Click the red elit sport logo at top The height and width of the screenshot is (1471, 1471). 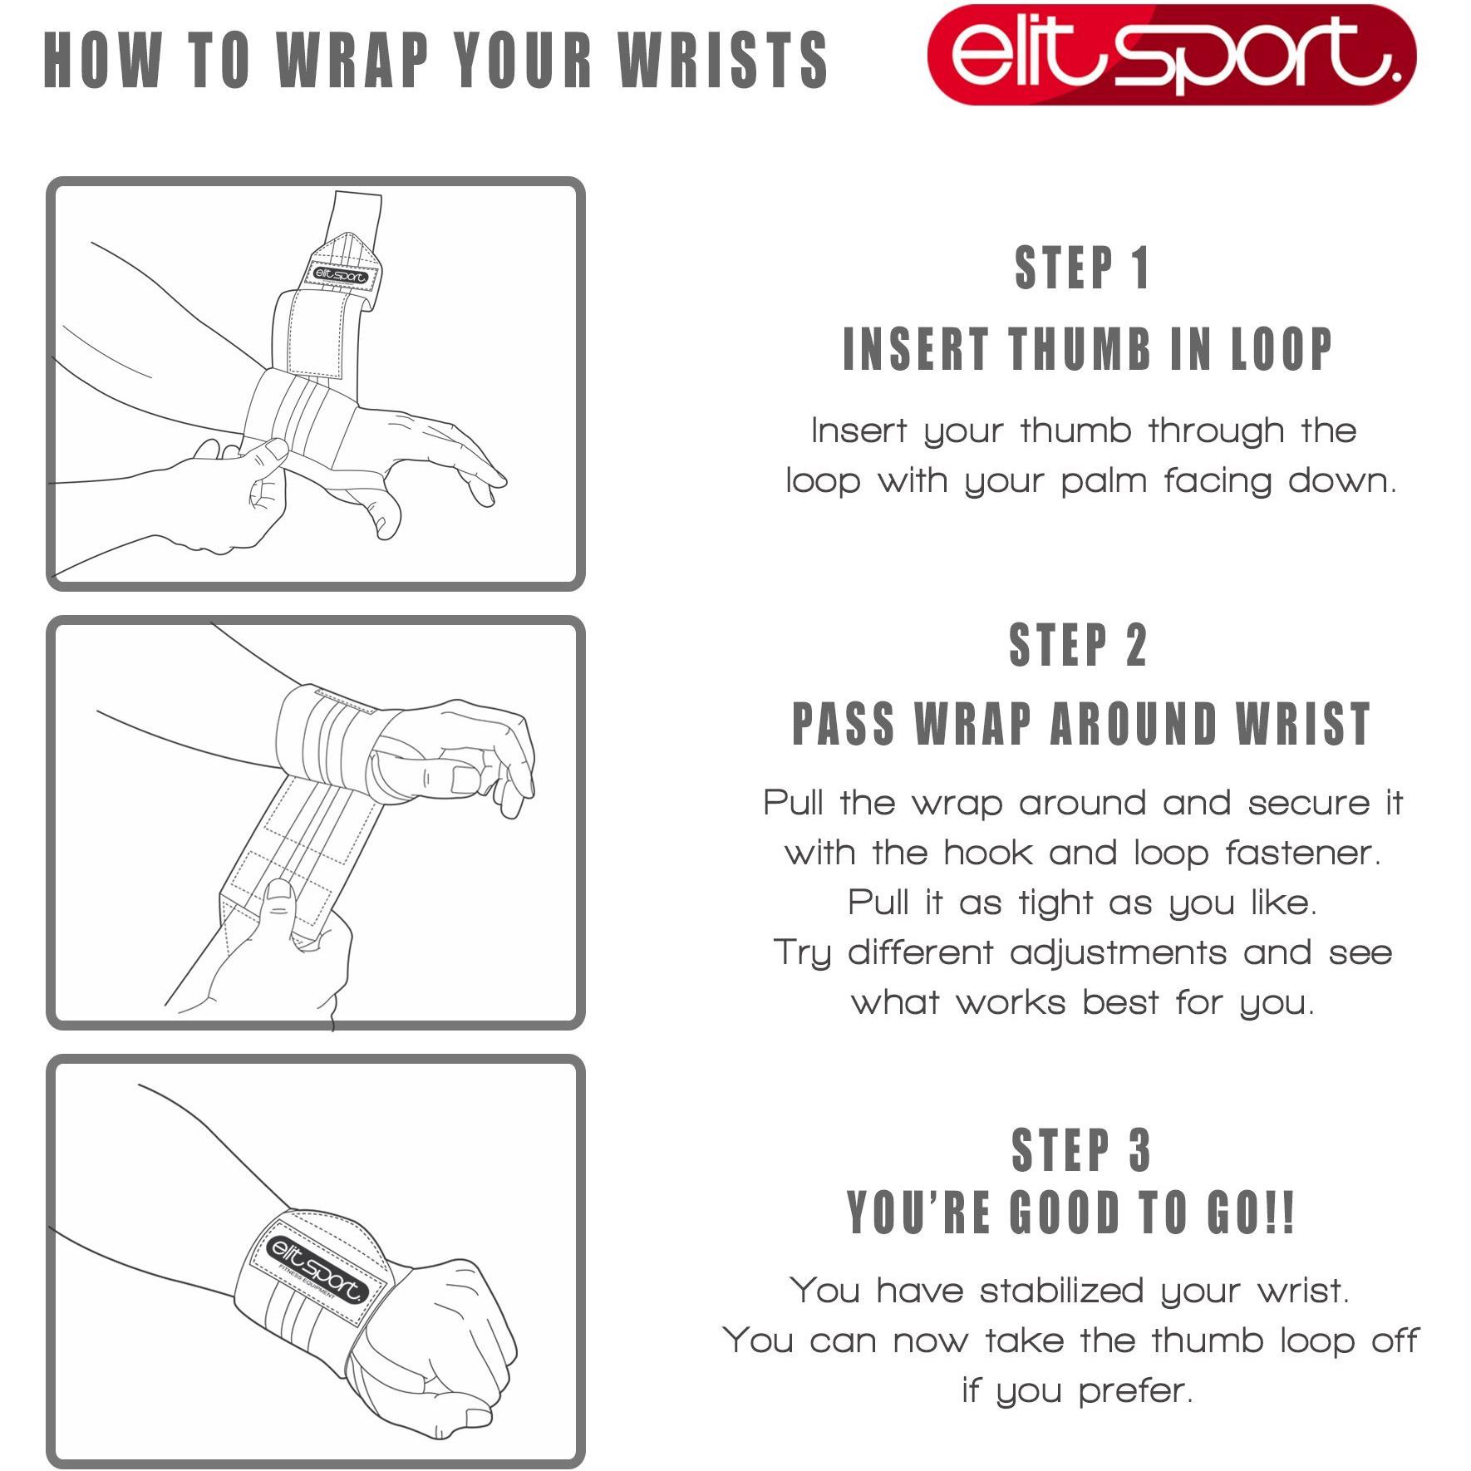(1171, 55)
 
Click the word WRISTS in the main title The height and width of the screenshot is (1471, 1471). (723, 60)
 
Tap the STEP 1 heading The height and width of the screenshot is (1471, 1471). (1082, 268)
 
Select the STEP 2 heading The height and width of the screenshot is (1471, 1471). (1078, 645)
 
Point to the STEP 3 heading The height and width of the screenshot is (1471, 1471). (1081, 1150)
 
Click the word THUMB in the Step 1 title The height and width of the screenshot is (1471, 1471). (1080, 349)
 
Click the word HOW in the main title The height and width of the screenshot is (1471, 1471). (101, 60)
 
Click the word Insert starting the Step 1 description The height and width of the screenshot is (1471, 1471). (859, 430)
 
